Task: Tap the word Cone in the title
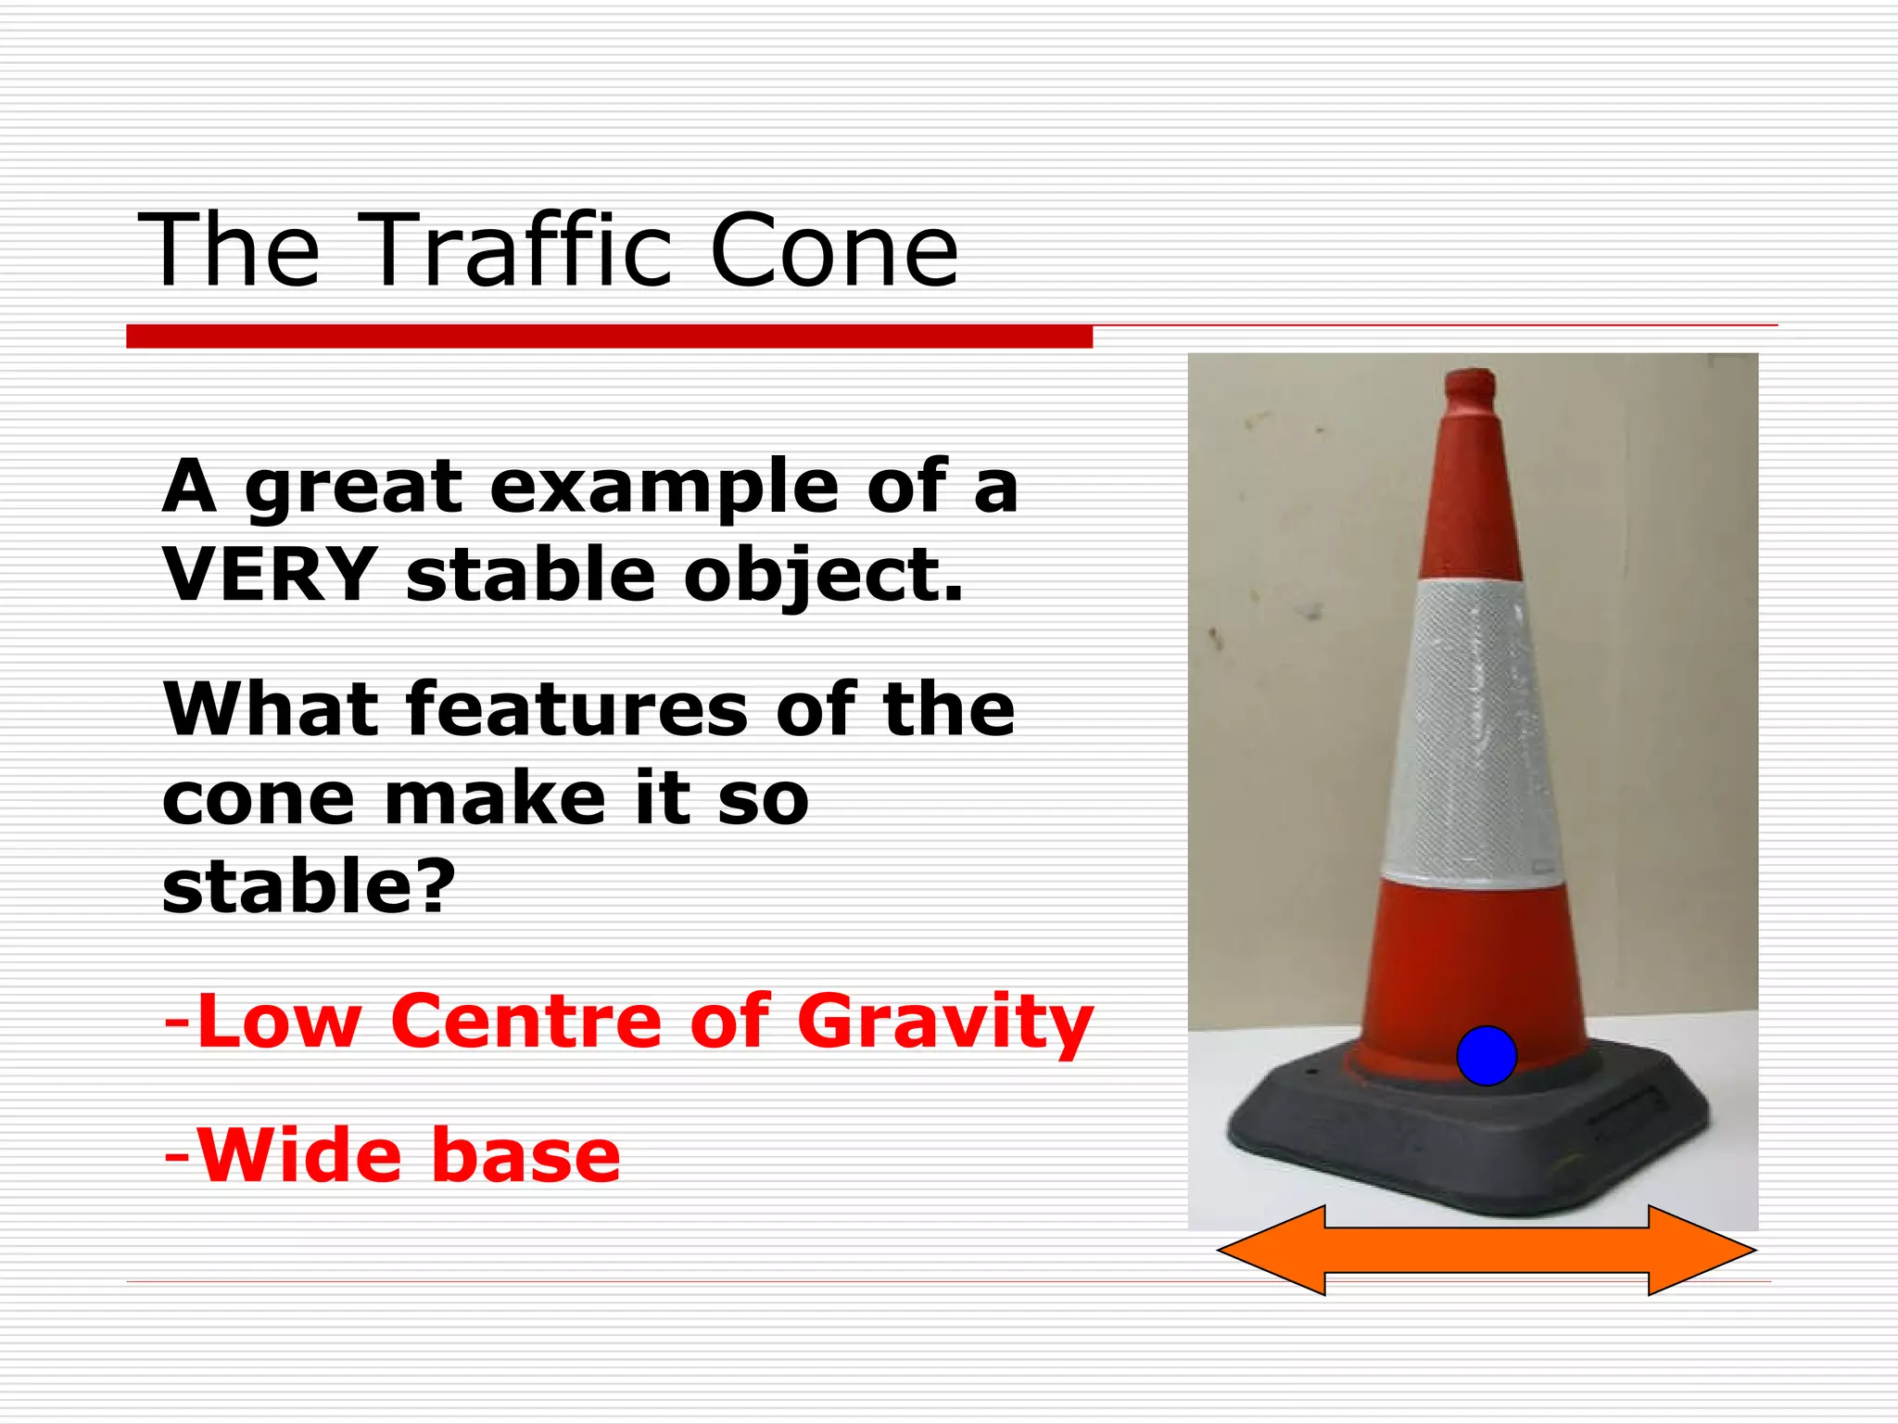pos(833,250)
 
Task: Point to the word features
pos(576,709)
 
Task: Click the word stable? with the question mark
pos(309,886)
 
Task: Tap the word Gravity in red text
pos(945,1023)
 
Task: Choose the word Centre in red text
pos(526,1021)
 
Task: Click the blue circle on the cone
pos(1486,1056)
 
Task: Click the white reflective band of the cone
pos(1472,732)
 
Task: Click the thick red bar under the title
pos(609,337)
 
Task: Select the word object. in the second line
pos(824,575)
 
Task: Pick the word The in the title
pos(229,250)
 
